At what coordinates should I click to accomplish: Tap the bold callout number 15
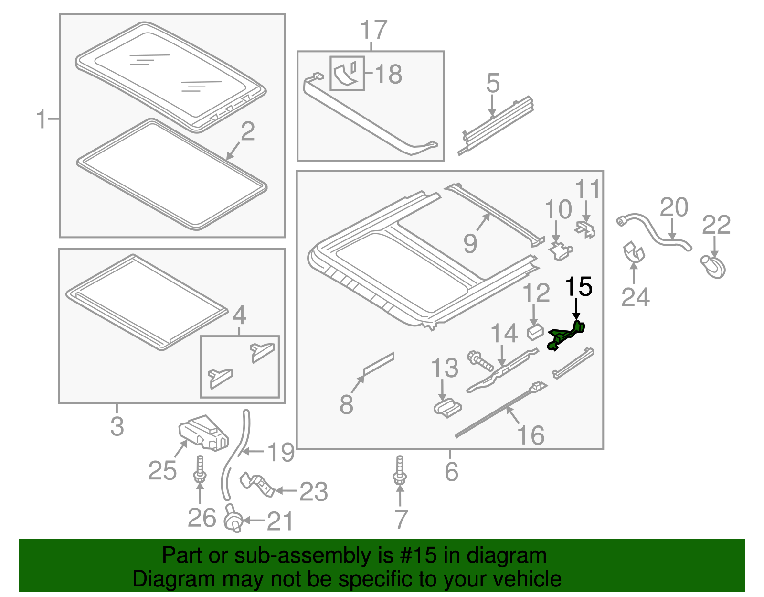578,287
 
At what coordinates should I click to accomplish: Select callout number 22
716,225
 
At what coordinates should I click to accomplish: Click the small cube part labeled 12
535,331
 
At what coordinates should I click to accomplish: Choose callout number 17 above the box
373,30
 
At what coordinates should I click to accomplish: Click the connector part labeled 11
586,228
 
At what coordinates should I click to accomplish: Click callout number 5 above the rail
492,83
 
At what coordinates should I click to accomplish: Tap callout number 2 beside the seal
247,131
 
